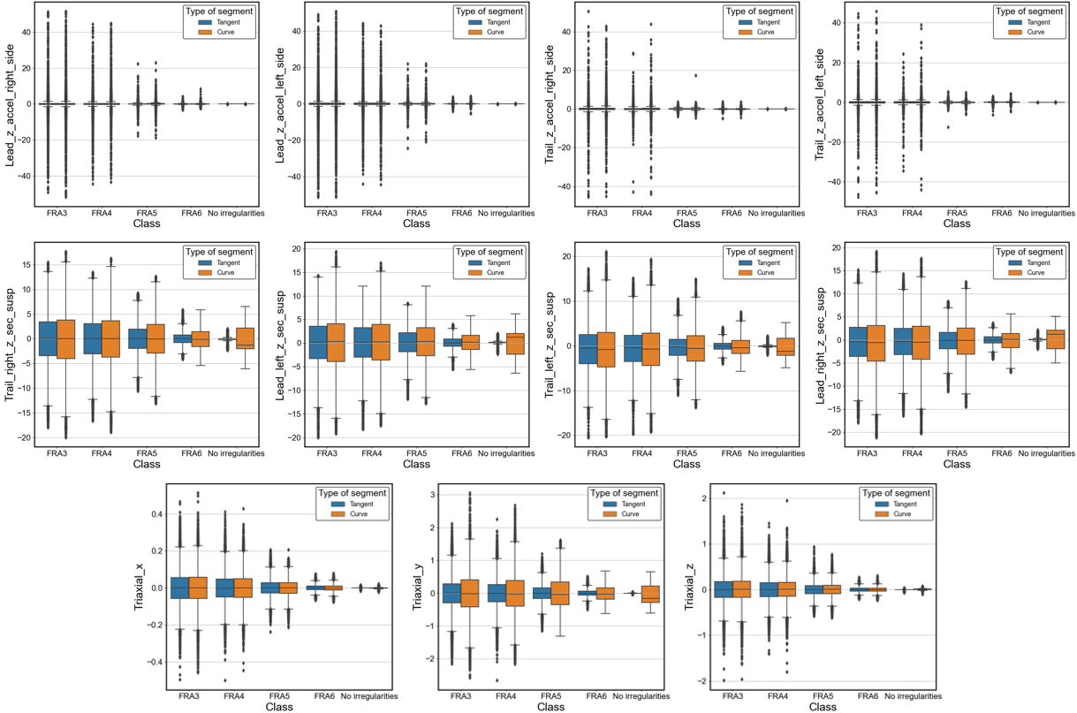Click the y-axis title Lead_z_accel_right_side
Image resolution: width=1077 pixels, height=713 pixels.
(10, 104)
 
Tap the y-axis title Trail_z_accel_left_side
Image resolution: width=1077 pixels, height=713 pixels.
(821, 104)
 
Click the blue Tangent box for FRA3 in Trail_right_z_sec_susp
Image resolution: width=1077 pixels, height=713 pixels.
(48, 338)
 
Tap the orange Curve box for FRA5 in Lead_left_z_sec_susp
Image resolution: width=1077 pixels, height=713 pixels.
(425, 341)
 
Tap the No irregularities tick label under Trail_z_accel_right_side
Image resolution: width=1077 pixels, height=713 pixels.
(777, 213)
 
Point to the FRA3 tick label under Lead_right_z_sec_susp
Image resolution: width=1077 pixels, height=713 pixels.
(867, 453)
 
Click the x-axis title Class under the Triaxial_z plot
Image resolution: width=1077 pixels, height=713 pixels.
(823, 708)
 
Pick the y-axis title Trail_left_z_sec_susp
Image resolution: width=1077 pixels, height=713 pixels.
(550, 341)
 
